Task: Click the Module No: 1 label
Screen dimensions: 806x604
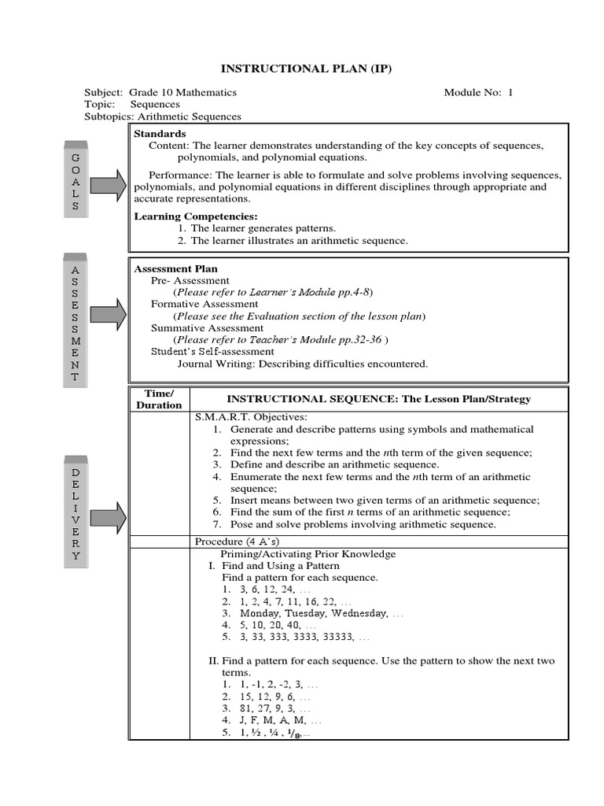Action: point(478,92)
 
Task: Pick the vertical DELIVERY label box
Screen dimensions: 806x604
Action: point(75,512)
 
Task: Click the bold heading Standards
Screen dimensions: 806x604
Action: point(160,134)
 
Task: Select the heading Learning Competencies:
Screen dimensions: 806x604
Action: point(196,216)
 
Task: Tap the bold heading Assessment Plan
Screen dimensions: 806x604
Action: point(176,268)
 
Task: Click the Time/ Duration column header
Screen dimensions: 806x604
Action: point(159,399)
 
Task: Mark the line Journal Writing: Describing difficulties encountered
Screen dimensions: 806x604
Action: point(302,364)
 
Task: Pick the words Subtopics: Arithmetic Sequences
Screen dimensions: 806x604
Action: point(163,116)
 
